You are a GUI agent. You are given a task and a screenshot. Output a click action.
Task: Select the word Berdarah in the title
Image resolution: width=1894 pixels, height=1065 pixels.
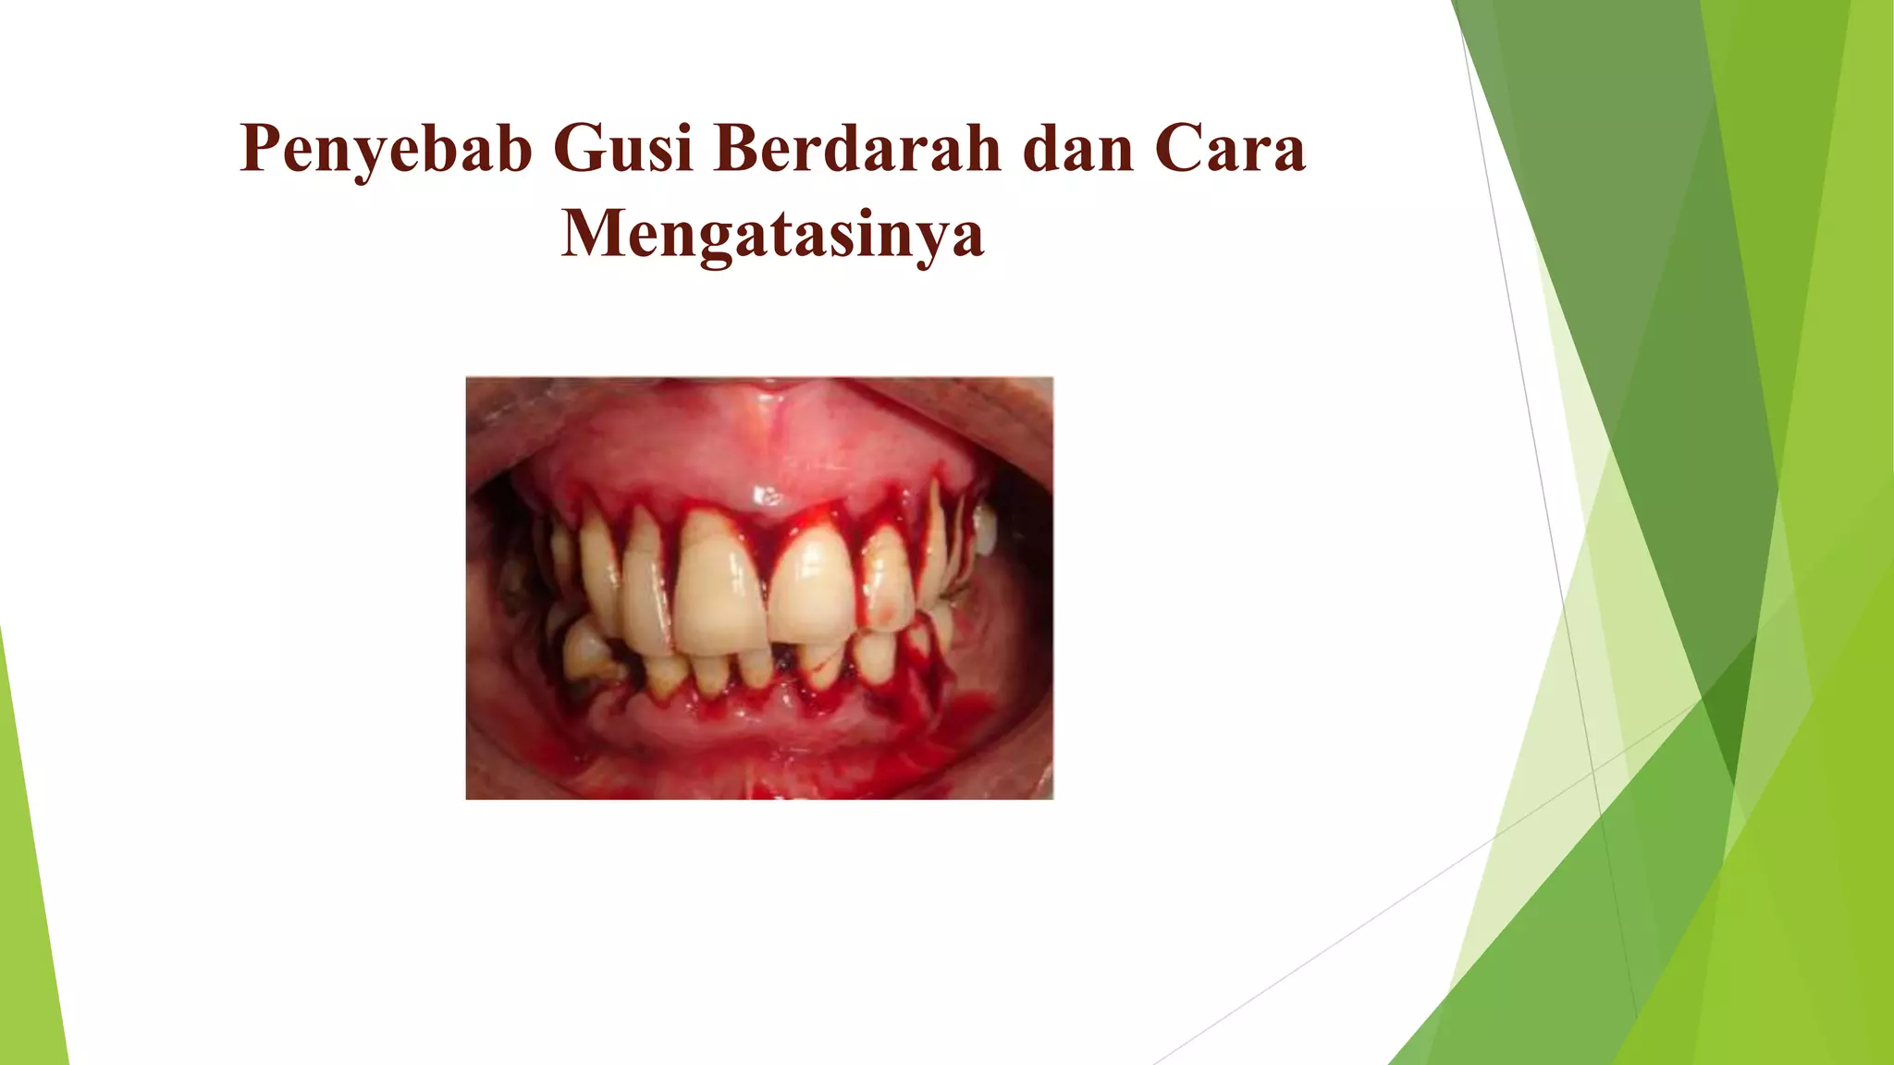point(857,148)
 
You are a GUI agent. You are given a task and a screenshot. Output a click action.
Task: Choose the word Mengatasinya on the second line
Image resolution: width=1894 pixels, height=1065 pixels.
point(772,233)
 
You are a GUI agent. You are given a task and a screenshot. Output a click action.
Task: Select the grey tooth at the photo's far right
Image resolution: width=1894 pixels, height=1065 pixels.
point(987,532)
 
